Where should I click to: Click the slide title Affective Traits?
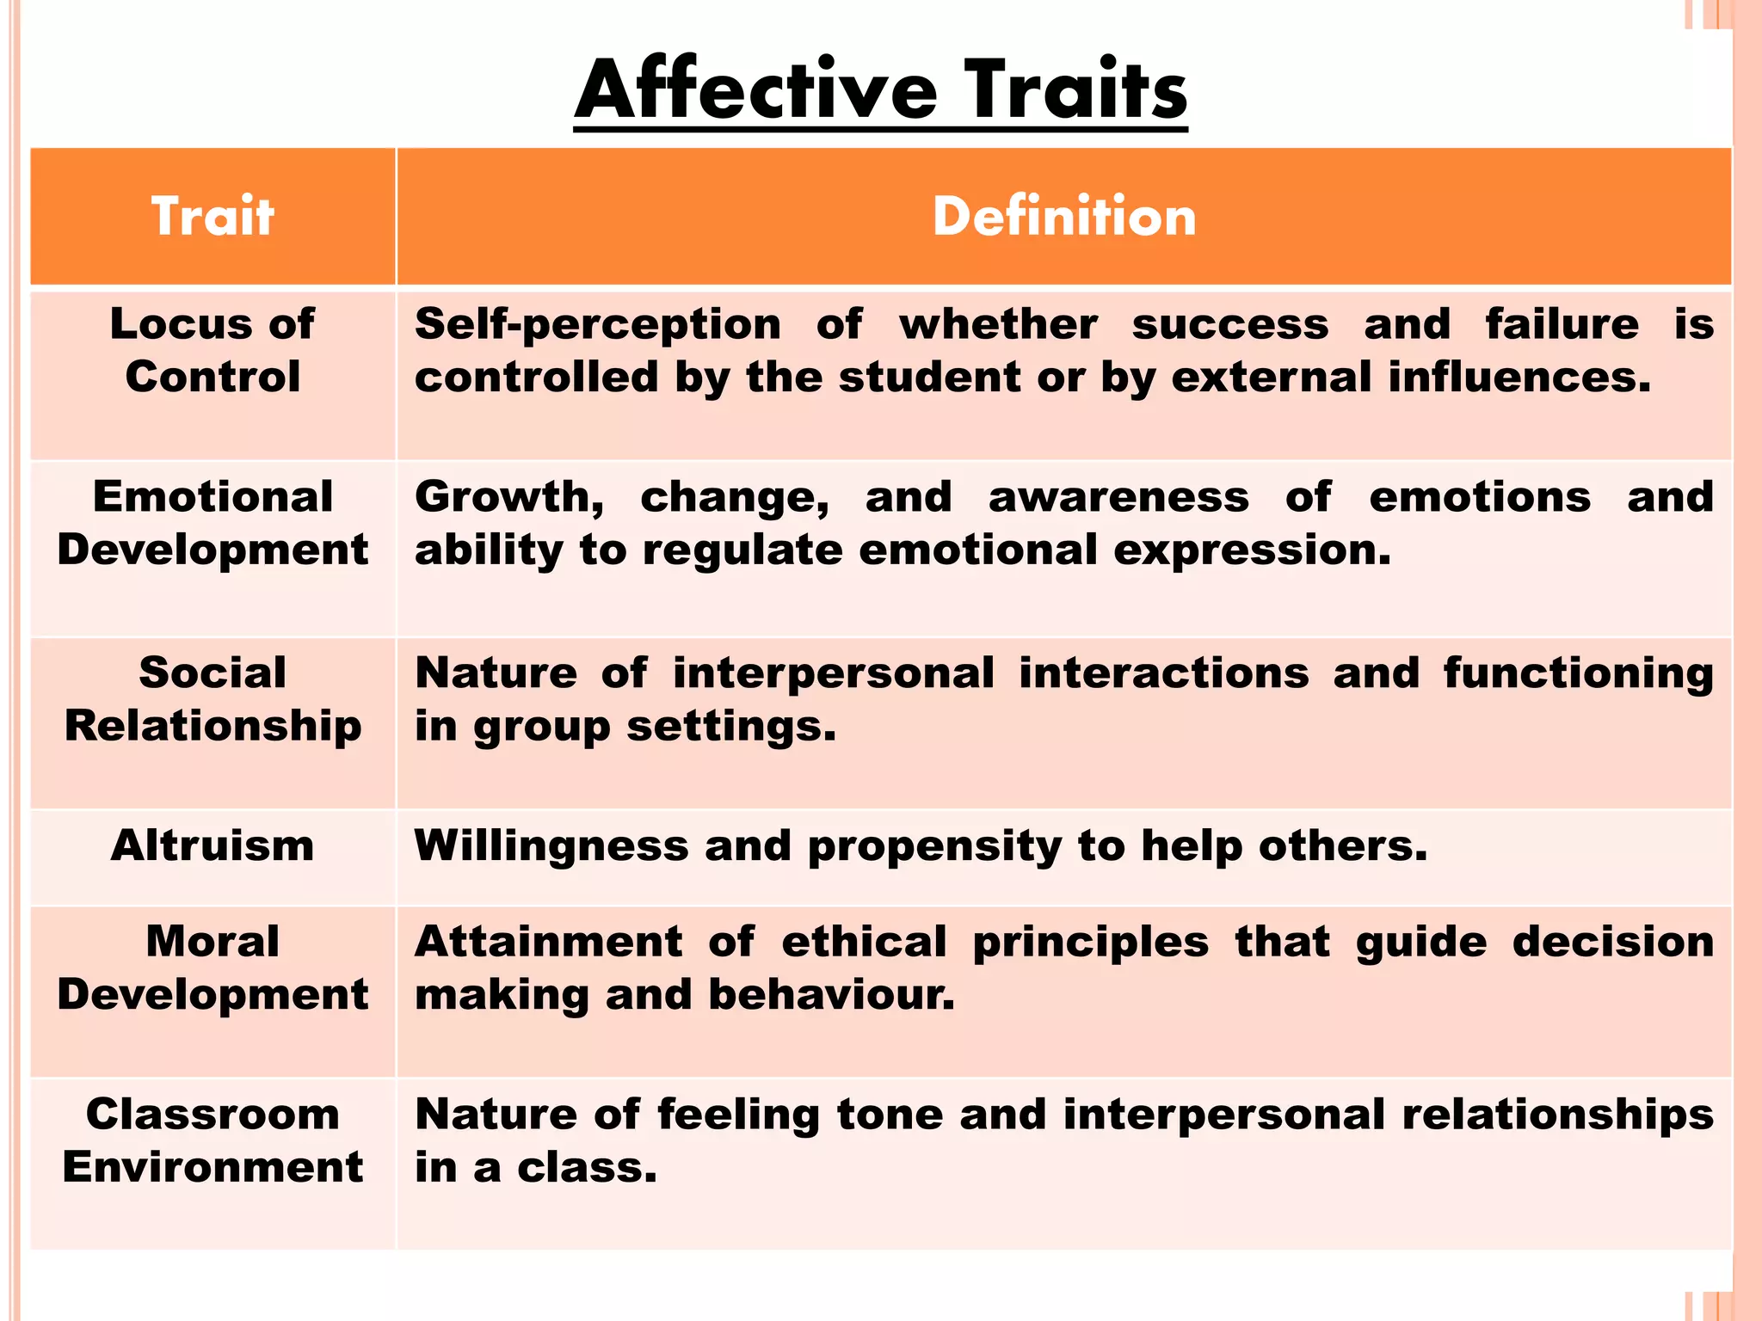click(x=880, y=90)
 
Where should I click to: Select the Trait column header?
click(x=213, y=216)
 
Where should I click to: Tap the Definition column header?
click(x=1064, y=216)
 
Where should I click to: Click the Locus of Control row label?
click(x=213, y=350)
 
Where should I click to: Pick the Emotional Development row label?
click(x=213, y=523)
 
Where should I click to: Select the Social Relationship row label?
click(x=213, y=698)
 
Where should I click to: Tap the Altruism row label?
click(x=213, y=845)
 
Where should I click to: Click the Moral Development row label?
click(x=213, y=968)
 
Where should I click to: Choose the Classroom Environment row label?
click(x=213, y=1140)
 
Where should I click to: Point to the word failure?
click(x=1562, y=324)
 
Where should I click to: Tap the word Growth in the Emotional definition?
click(x=508, y=498)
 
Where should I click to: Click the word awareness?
click(x=1118, y=498)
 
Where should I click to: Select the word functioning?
click(x=1578, y=674)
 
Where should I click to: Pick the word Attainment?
click(x=549, y=942)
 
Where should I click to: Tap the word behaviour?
click(x=831, y=995)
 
